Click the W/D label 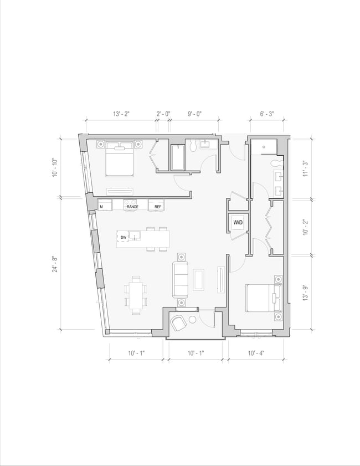pos(238,222)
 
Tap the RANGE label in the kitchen pos(132,207)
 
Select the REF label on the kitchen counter pos(158,207)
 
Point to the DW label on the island pos(124,238)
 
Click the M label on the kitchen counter pos(101,207)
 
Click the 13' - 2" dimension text pos(121,114)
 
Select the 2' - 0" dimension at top pos(163,114)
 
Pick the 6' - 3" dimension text pos(268,114)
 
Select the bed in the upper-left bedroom pos(120,157)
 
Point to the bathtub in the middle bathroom pos(178,158)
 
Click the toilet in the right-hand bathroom pos(278,163)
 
